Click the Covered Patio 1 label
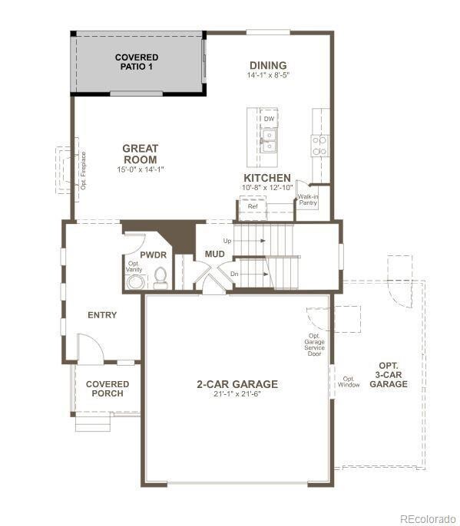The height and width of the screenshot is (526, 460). [137, 62]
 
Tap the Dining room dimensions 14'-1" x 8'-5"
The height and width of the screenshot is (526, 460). [267, 76]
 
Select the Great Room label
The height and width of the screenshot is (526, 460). [141, 154]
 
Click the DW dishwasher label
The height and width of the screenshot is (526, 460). [269, 119]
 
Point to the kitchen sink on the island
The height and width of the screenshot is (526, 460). [268, 140]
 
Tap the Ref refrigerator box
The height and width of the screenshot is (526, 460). [253, 206]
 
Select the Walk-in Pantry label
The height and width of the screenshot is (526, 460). [308, 200]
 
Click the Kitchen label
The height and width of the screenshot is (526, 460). [266, 178]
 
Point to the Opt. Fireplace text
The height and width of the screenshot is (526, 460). [83, 170]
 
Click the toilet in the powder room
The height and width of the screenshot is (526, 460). [161, 276]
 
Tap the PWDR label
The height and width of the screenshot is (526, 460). [154, 255]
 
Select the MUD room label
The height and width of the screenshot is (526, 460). [213, 254]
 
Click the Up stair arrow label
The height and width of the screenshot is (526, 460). [227, 241]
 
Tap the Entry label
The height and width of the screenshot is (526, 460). [102, 315]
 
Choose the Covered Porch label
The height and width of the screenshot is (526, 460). [107, 389]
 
